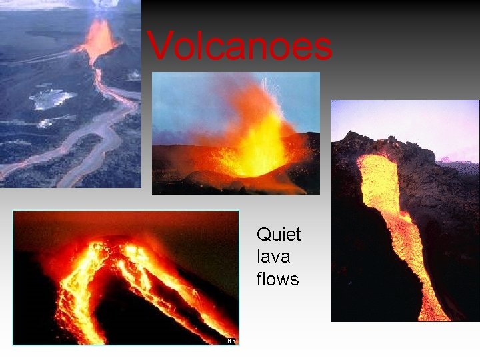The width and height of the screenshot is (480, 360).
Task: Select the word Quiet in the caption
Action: point(279,235)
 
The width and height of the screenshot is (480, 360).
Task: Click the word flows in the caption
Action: point(277,279)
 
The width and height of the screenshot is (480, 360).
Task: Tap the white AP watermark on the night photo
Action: point(231,340)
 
